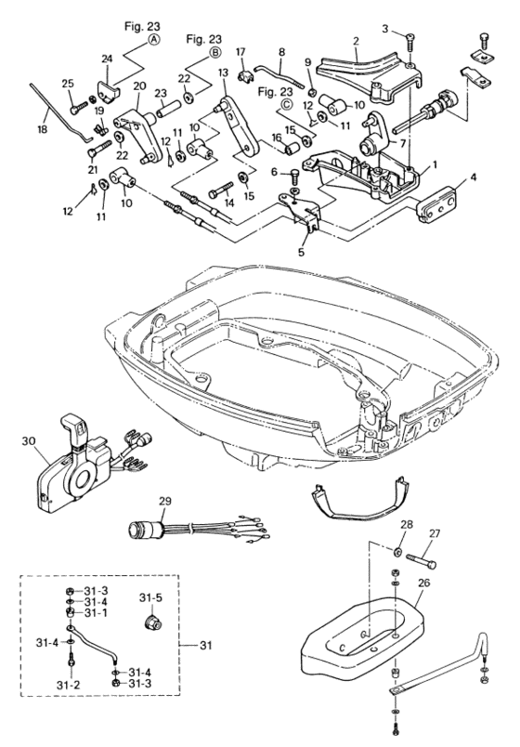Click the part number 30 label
(x=28, y=441)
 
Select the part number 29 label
(x=165, y=501)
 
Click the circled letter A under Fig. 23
(x=153, y=41)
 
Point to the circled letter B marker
(x=215, y=53)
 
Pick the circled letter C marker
(x=287, y=105)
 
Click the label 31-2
(x=68, y=685)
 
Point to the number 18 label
(x=43, y=128)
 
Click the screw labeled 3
(x=409, y=43)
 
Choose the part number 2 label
(x=356, y=42)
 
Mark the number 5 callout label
(x=301, y=253)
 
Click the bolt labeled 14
(x=220, y=190)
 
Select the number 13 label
(x=224, y=72)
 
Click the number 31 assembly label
(x=205, y=646)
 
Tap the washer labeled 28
(x=396, y=553)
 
